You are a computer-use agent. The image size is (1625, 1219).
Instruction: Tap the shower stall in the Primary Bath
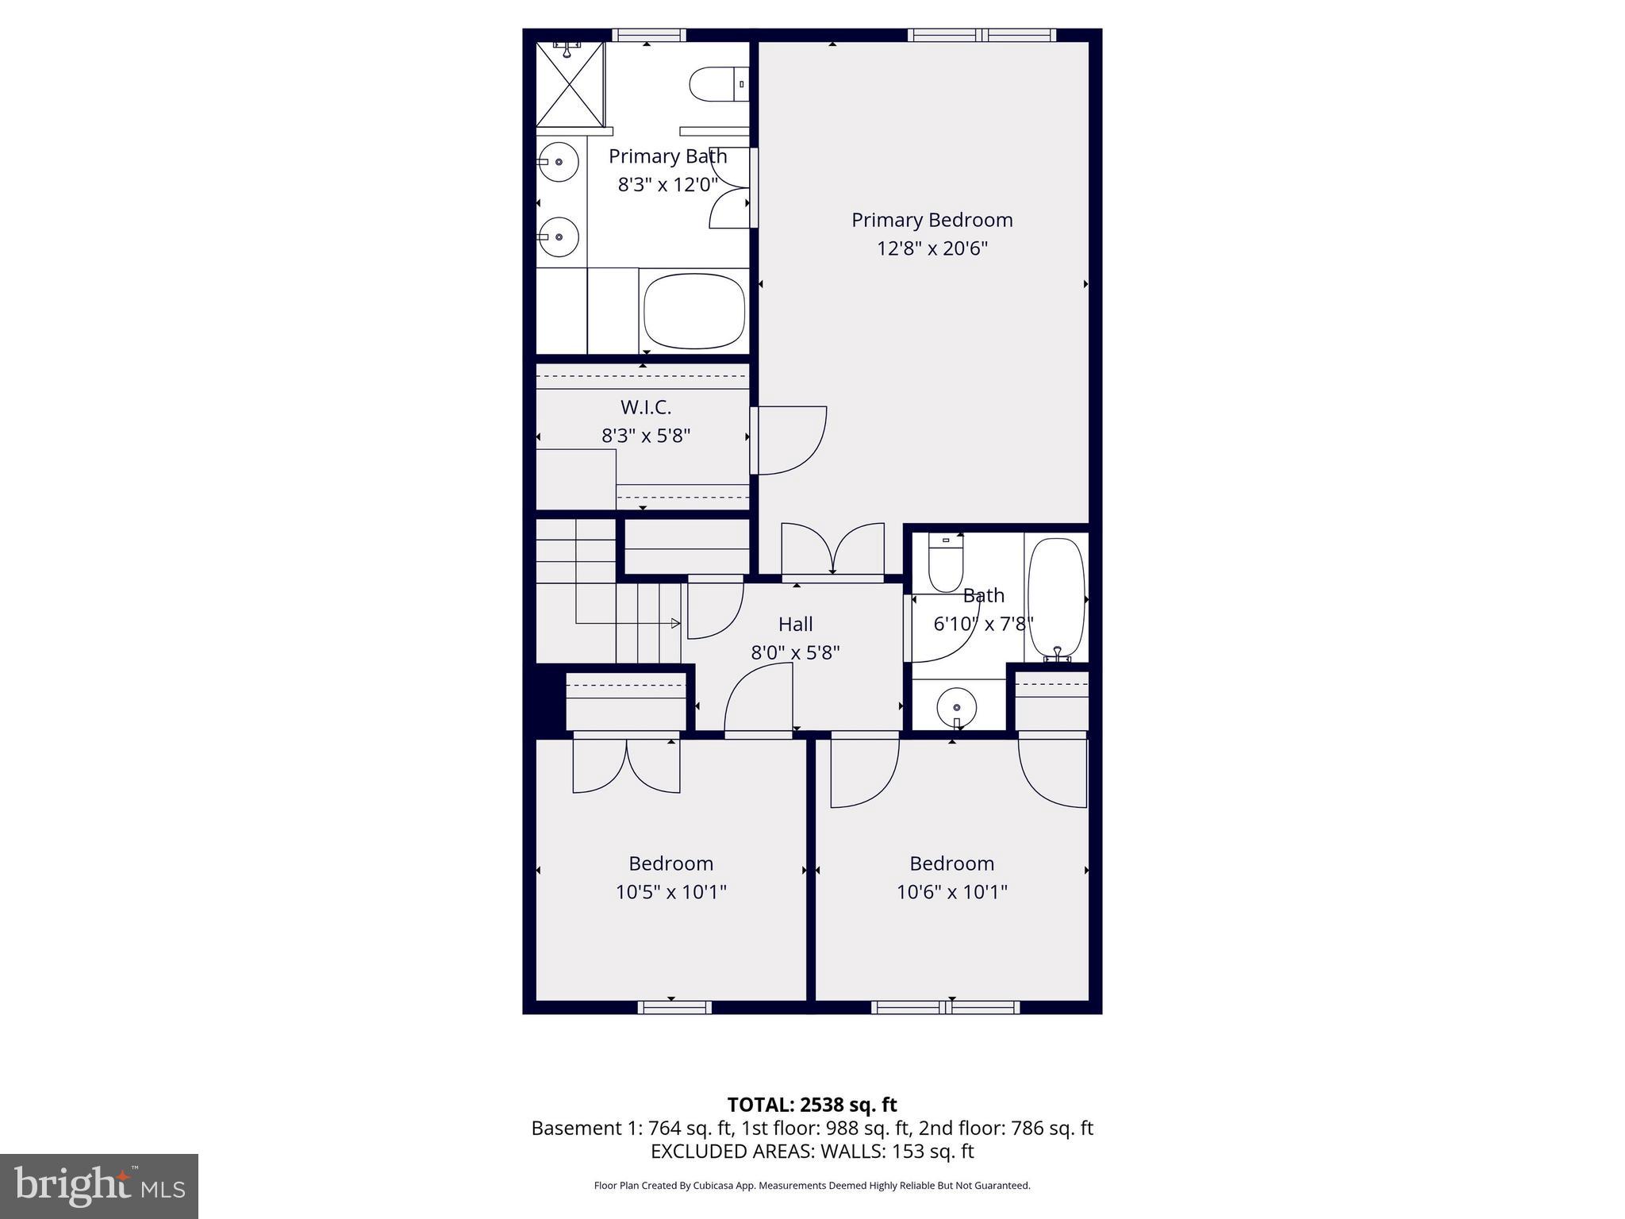tap(570, 84)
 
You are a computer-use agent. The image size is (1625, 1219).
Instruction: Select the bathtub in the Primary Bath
tap(694, 310)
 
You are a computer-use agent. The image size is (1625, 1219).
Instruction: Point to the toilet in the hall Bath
tap(945, 564)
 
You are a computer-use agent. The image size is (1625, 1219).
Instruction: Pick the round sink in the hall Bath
tap(956, 705)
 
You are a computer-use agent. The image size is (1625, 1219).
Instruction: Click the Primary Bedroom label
tap(932, 220)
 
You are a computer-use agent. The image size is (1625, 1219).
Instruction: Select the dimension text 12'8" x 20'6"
tap(932, 248)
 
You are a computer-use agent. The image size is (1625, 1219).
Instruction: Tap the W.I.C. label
tap(646, 407)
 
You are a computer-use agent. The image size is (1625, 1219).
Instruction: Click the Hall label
tap(795, 625)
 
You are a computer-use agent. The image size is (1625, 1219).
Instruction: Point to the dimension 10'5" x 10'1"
tap(671, 892)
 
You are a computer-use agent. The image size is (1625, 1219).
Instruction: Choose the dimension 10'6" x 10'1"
tap(951, 892)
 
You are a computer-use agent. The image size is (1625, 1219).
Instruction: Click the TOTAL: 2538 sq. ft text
tap(812, 1105)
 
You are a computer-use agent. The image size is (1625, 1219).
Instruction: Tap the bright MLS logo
tap(99, 1186)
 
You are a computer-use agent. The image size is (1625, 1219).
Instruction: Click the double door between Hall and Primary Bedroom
tap(832, 549)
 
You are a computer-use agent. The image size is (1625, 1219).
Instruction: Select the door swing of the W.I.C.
tap(789, 440)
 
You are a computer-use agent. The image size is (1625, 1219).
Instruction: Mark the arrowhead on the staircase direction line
tap(676, 623)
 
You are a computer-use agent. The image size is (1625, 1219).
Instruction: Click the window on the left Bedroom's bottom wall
tap(674, 1007)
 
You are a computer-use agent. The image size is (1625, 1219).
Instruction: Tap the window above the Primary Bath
tap(649, 35)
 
